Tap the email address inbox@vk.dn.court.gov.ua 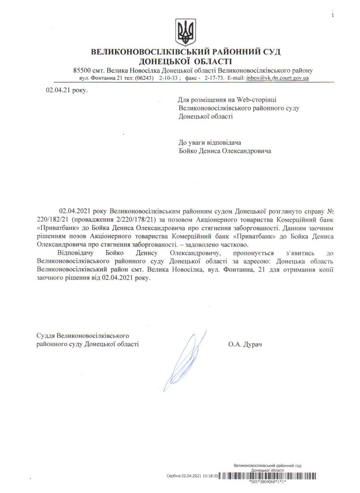click(x=277, y=78)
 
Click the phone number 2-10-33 click(x=170, y=78)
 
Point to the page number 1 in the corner click(x=332, y=16)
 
